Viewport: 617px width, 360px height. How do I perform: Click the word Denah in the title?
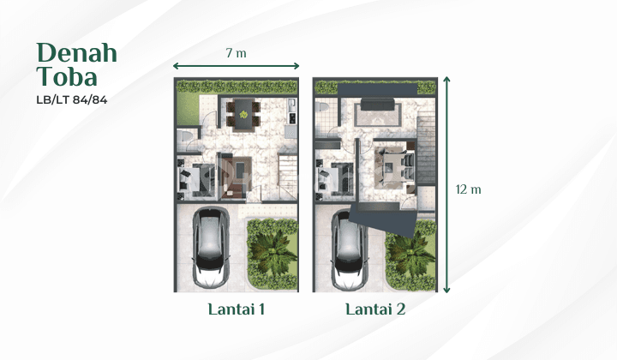(x=77, y=53)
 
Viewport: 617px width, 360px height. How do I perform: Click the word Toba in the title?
(x=67, y=76)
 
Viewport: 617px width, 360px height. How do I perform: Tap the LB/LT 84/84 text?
(x=72, y=100)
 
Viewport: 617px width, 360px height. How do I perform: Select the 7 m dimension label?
(x=237, y=53)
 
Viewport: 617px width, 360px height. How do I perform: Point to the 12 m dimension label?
(x=468, y=189)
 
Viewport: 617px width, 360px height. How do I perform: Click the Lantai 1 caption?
(x=237, y=309)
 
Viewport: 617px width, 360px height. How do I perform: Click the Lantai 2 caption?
(x=375, y=309)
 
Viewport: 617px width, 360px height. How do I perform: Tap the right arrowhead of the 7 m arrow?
(x=297, y=66)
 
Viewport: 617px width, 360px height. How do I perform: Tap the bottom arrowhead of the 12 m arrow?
(x=446, y=290)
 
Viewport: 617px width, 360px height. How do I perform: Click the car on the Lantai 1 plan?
(x=211, y=248)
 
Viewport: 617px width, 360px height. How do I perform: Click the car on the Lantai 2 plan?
(x=350, y=249)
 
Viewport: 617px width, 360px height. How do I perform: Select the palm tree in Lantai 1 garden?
(x=273, y=252)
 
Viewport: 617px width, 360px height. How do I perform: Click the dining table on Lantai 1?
(x=243, y=114)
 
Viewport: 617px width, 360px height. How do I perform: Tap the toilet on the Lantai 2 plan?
(x=321, y=107)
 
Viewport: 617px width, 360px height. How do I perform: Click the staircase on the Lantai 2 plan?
(x=425, y=149)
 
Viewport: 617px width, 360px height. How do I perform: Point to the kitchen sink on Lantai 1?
(x=291, y=105)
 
